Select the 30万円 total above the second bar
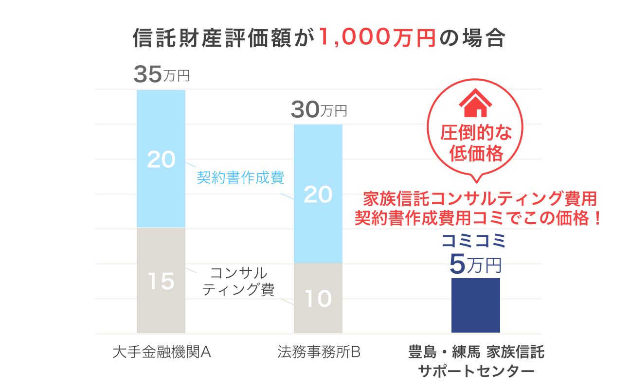coord(319,111)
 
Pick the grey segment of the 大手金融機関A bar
coord(161,301)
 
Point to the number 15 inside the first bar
coord(161,282)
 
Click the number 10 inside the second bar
coord(318,299)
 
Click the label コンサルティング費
coord(238,281)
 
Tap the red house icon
coord(475,105)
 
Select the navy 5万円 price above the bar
coord(475,264)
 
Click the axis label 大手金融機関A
coord(161,352)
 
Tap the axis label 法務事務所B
coord(318,352)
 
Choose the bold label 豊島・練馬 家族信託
coord(476,352)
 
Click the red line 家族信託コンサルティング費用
coord(480,199)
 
